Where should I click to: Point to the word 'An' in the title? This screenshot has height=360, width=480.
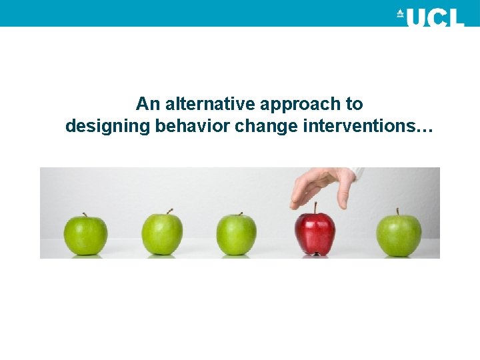(148, 104)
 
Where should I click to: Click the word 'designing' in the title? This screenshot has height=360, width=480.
(107, 127)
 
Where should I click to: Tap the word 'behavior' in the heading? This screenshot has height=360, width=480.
(193, 126)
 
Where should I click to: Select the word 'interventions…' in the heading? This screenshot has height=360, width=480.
(367, 126)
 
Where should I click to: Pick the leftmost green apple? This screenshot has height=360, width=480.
(85, 235)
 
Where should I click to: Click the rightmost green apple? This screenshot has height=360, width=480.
(399, 235)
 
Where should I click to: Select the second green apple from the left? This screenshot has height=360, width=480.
(162, 234)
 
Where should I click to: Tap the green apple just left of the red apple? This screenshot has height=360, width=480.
(236, 234)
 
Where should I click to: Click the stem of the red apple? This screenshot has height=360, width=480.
(315, 207)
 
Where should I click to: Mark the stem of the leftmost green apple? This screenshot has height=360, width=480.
(85, 215)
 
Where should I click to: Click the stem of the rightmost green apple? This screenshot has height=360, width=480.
(397, 211)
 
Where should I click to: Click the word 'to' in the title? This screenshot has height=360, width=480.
(355, 105)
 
